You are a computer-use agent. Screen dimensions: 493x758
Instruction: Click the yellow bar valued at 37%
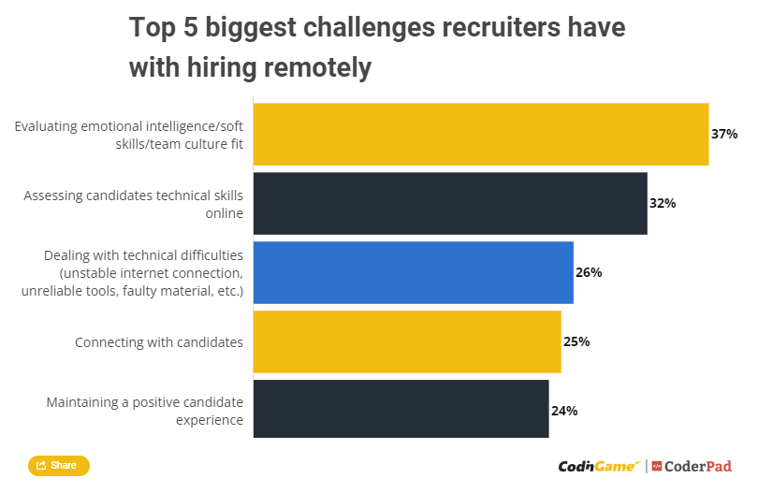(480, 134)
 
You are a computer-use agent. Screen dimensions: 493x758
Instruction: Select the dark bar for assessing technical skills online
(450, 203)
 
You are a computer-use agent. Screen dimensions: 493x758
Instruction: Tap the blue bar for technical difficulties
(413, 272)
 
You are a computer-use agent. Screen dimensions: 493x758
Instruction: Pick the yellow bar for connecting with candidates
(407, 341)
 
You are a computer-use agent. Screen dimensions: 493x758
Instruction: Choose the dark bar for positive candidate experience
(401, 410)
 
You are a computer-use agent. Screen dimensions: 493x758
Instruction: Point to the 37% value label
(724, 134)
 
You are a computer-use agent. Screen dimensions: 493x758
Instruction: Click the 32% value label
(663, 203)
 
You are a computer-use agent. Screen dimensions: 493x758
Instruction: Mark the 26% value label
(589, 272)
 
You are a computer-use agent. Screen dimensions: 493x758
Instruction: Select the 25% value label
(576, 341)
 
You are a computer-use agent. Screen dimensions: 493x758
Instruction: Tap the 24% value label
(564, 410)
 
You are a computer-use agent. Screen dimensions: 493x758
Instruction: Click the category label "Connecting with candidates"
(159, 342)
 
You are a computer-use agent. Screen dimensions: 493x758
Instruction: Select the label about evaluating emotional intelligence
(129, 134)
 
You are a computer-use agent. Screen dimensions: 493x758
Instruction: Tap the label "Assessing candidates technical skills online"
(134, 204)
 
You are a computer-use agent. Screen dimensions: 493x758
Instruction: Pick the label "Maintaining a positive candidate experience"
(145, 411)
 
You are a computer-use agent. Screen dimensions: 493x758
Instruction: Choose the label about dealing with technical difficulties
(132, 273)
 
